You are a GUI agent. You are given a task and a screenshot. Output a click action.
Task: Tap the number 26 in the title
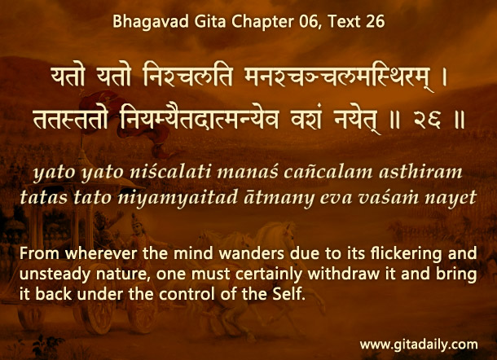(x=376, y=21)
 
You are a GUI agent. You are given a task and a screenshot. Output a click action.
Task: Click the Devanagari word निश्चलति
(x=188, y=77)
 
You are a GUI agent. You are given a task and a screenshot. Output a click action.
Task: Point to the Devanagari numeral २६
(x=427, y=121)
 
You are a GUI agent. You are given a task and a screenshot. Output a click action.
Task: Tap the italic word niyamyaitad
(x=178, y=198)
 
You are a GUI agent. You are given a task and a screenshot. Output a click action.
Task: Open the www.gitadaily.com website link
(x=419, y=345)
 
